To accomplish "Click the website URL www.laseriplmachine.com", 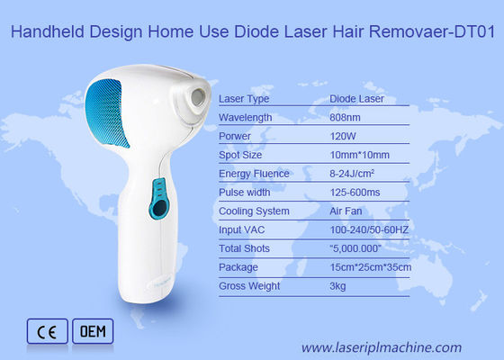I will coord(381,346).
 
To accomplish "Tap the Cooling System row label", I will coord(254,211).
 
